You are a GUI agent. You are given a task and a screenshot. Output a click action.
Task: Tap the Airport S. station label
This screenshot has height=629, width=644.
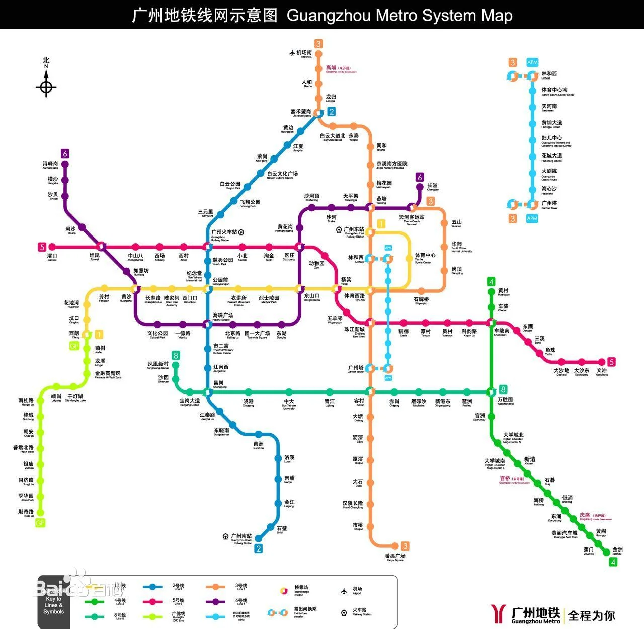pyautogui.click(x=304, y=53)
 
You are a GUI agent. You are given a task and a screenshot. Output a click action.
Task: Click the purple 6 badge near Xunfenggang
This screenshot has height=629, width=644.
pyautogui.click(x=65, y=153)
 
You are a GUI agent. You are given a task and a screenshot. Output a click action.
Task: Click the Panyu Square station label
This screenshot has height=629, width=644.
pyautogui.click(x=395, y=557)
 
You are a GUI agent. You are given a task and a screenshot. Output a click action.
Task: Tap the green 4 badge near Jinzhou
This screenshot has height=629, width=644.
pyautogui.click(x=613, y=562)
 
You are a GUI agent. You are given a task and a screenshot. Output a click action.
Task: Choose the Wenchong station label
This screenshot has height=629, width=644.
pyautogui.click(x=602, y=372)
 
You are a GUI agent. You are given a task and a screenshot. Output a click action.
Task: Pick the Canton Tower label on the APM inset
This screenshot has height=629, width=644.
pyautogui.click(x=549, y=204)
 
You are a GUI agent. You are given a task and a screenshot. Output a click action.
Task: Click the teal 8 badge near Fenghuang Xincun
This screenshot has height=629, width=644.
pyautogui.click(x=176, y=355)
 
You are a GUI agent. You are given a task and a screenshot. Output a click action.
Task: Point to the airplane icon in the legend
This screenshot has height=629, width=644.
pyautogui.click(x=344, y=590)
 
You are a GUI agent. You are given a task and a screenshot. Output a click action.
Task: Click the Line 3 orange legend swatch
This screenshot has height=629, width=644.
pyautogui.click(x=215, y=587)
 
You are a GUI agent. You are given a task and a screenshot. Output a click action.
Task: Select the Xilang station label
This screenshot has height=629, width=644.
pyautogui.click(x=74, y=334)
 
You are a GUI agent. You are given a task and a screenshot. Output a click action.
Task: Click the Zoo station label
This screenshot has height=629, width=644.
pyautogui.click(x=316, y=264)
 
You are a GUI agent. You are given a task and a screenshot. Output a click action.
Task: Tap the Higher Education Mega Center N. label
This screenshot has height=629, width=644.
pyautogui.click(x=513, y=437)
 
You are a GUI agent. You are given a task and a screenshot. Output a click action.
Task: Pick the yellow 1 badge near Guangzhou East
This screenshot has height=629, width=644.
pyautogui.click(x=381, y=224)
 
